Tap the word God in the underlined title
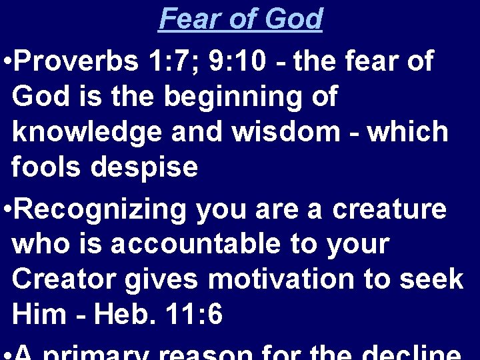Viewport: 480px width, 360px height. click(x=293, y=19)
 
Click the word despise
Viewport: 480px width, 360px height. click(x=144, y=167)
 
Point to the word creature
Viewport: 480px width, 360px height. click(x=390, y=209)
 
